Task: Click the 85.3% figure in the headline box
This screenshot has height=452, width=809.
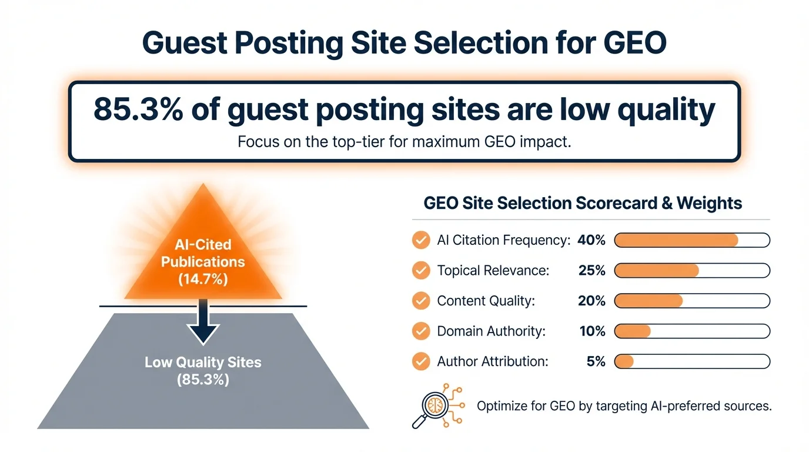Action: click(x=136, y=110)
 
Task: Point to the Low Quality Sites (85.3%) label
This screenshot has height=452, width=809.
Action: click(x=203, y=371)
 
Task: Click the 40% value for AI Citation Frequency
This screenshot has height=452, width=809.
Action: click(x=591, y=240)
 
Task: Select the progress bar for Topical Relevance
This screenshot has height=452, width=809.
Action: click(x=692, y=271)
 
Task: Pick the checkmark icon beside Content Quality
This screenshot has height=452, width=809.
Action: click(x=420, y=301)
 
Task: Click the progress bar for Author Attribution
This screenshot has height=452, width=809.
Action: click(x=692, y=362)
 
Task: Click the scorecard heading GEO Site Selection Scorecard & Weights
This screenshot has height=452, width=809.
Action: click(x=583, y=204)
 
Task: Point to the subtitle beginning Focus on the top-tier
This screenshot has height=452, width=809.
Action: click(x=404, y=142)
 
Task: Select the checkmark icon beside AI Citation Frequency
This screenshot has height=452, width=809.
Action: click(x=420, y=240)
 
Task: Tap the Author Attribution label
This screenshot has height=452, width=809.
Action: click(x=493, y=362)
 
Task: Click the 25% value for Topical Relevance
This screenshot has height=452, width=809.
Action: click(x=591, y=271)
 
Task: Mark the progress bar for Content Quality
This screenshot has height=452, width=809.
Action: click(x=692, y=301)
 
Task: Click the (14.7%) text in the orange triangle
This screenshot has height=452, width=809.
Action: click(x=203, y=280)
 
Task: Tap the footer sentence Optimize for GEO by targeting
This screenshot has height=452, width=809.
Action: click(x=624, y=406)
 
